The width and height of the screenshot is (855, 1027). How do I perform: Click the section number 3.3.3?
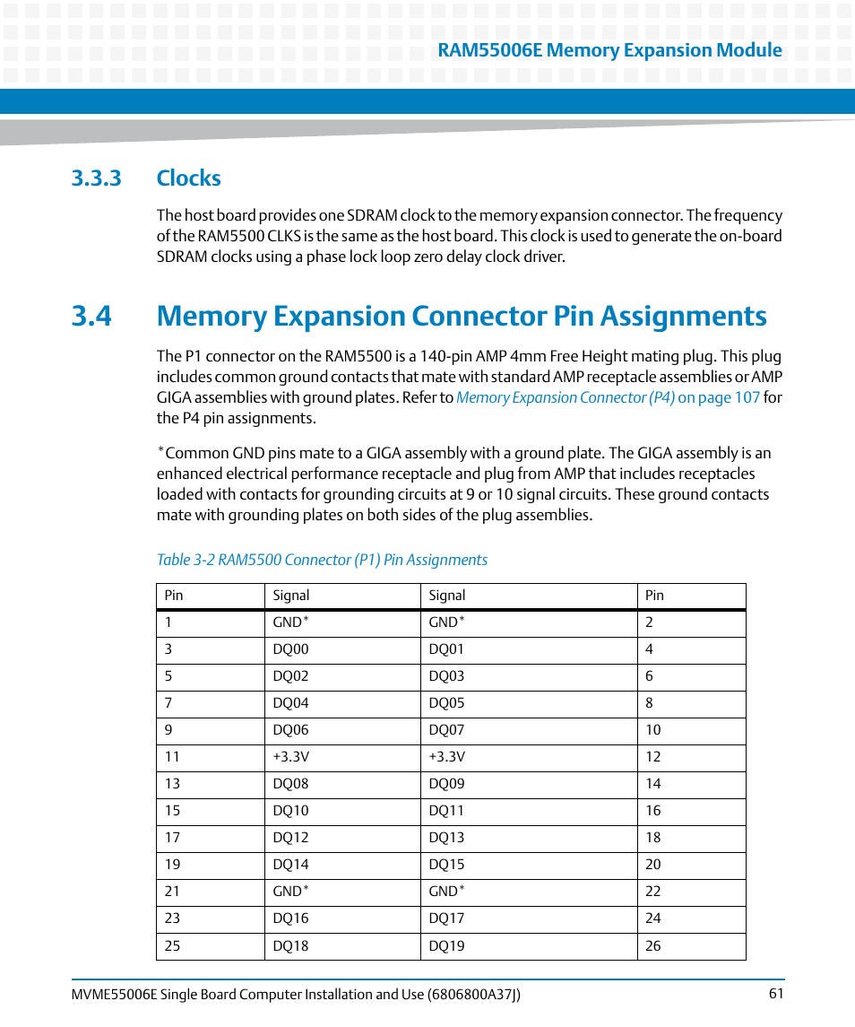point(96,178)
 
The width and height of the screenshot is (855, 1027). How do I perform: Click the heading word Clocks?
point(188,178)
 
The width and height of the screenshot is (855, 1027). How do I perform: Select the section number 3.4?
point(91,317)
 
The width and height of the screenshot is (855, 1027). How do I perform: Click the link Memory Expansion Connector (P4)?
point(565,397)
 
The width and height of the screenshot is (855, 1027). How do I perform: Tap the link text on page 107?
point(718,397)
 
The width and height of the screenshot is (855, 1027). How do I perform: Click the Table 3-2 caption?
point(322,560)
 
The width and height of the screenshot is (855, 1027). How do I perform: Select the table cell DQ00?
point(290,649)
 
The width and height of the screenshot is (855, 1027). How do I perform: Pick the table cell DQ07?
point(446,730)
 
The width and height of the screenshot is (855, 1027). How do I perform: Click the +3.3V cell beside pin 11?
point(290,757)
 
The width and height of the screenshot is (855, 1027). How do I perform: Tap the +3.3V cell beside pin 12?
point(446,757)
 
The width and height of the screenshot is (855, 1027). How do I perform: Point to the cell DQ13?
point(446,838)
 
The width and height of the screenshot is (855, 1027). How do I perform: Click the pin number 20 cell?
point(652,865)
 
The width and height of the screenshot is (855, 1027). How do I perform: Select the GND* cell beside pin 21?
point(290,892)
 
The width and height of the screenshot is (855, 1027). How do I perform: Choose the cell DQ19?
point(446,945)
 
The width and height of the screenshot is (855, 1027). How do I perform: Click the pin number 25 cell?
point(172,945)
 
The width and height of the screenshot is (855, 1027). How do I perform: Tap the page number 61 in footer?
point(775,993)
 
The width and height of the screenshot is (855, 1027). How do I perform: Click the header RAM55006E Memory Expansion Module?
point(609,50)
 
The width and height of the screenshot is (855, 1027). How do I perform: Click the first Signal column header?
point(290,596)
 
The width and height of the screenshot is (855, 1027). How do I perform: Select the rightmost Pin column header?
point(654,596)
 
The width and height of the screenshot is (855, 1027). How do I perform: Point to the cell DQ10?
point(290,811)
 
